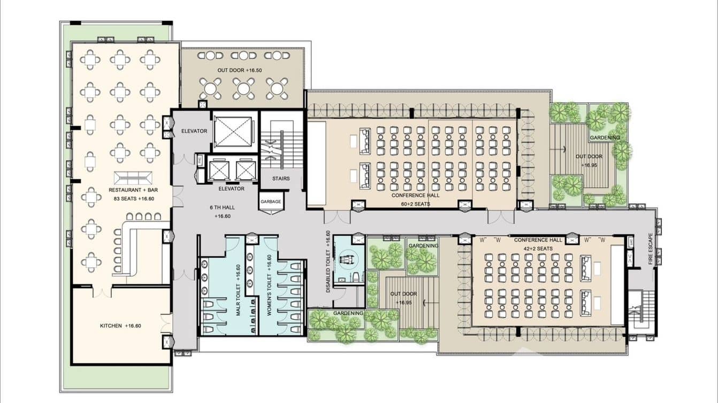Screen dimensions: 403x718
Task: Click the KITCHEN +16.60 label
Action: (x=120, y=325)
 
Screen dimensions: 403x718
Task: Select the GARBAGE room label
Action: (x=270, y=202)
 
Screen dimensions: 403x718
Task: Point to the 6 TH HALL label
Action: (x=222, y=208)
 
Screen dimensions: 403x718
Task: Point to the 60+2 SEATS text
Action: (x=415, y=204)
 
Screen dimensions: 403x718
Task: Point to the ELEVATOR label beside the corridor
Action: (x=194, y=131)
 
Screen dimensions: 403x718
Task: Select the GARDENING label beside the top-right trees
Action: (x=605, y=137)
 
